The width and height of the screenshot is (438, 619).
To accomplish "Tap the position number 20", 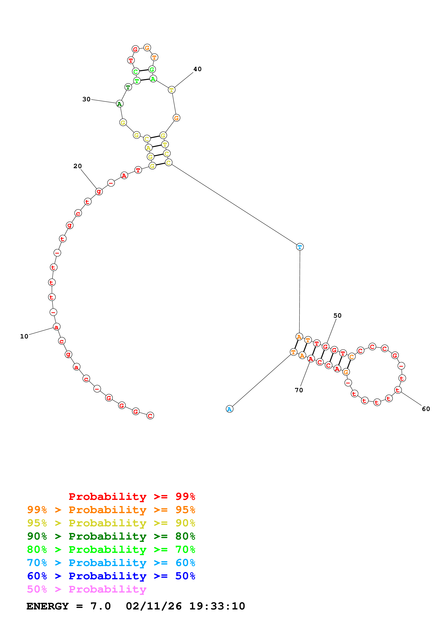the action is click(77, 166).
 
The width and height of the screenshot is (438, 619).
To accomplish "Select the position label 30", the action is click(86, 99).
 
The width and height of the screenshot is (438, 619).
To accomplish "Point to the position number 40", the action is click(197, 69).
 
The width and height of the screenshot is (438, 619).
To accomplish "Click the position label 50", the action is click(337, 315).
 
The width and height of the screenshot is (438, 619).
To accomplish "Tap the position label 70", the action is click(299, 390).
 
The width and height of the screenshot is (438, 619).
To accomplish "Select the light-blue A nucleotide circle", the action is click(229, 409).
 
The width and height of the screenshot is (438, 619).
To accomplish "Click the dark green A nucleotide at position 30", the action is click(120, 104).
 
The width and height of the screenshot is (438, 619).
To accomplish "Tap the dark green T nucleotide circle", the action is click(128, 87).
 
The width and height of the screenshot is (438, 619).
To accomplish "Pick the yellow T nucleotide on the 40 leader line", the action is click(172, 90).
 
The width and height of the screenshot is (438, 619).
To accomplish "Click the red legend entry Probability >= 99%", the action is click(132, 497).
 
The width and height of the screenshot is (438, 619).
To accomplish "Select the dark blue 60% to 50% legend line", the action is click(111, 576).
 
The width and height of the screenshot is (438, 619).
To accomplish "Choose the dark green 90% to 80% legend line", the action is click(111, 536).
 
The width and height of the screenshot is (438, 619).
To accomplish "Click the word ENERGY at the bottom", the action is click(48, 606).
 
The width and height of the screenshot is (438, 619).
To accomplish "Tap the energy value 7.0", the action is click(100, 606).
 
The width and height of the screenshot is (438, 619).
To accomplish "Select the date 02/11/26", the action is click(154, 606).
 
